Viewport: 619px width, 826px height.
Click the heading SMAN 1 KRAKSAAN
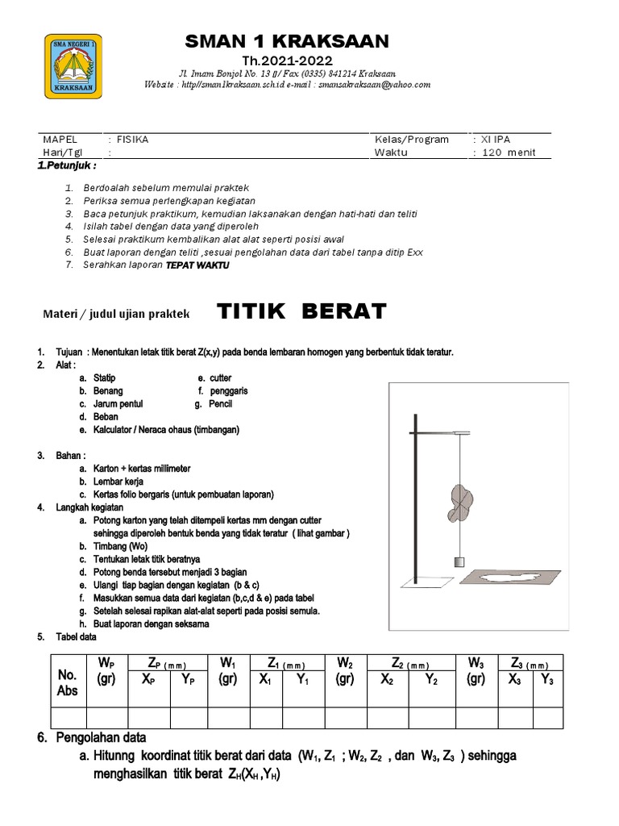pos(286,41)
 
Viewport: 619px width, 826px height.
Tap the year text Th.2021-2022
pos(287,61)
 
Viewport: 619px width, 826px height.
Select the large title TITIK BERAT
pos(303,311)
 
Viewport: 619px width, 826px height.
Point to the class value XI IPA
pos(496,140)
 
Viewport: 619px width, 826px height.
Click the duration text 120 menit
pos(509,152)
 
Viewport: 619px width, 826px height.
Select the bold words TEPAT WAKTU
pos(192,265)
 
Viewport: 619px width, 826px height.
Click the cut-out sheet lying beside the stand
pos(506,577)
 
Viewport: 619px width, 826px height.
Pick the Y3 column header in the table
pos(546,679)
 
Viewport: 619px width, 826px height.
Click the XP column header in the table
pos(150,679)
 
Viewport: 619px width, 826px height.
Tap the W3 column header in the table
pos(476,671)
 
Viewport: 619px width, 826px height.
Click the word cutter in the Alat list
pos(220,378)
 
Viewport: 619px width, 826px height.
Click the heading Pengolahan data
pos(101,737)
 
